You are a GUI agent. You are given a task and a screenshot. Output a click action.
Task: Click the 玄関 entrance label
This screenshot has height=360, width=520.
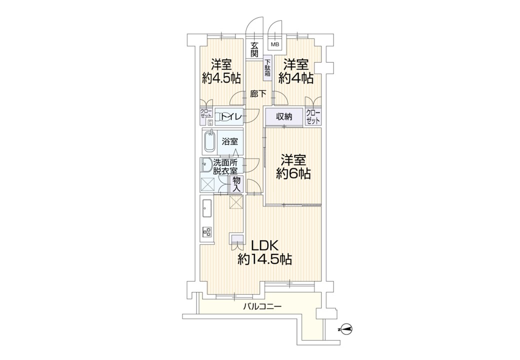tap(254, 49)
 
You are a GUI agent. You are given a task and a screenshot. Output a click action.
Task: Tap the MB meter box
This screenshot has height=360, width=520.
tap(275, 44)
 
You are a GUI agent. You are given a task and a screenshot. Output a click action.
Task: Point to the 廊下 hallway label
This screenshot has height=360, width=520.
tap(258, 94)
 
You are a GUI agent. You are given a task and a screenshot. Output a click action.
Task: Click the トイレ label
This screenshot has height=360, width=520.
tap(231, 116)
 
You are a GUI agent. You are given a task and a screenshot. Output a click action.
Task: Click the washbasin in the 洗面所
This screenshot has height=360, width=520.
tap(206, 164)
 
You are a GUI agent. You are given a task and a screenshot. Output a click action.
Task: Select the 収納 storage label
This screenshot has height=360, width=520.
tap(284, 116)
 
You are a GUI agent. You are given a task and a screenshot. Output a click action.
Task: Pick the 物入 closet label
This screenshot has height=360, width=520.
tap(237, 184)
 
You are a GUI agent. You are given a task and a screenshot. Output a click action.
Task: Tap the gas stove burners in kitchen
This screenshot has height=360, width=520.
tap(207, 231)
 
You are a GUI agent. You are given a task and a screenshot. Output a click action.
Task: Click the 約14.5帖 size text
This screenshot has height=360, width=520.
tap(264, 259)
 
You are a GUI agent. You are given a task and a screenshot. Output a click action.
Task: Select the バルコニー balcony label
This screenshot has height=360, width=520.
tap(262, 306)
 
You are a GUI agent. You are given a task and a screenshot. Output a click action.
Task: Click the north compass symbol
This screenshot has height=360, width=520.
tap(345, 329)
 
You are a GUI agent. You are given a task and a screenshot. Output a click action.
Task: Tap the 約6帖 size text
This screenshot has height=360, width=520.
tap(293, 173)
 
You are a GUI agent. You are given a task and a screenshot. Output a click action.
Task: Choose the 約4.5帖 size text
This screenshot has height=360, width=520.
tap(221, 78)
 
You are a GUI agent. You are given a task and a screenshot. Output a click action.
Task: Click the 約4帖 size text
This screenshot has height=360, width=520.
tap(296, 78)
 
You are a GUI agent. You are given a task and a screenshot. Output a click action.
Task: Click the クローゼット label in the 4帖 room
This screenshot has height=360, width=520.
tap(313, 116)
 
